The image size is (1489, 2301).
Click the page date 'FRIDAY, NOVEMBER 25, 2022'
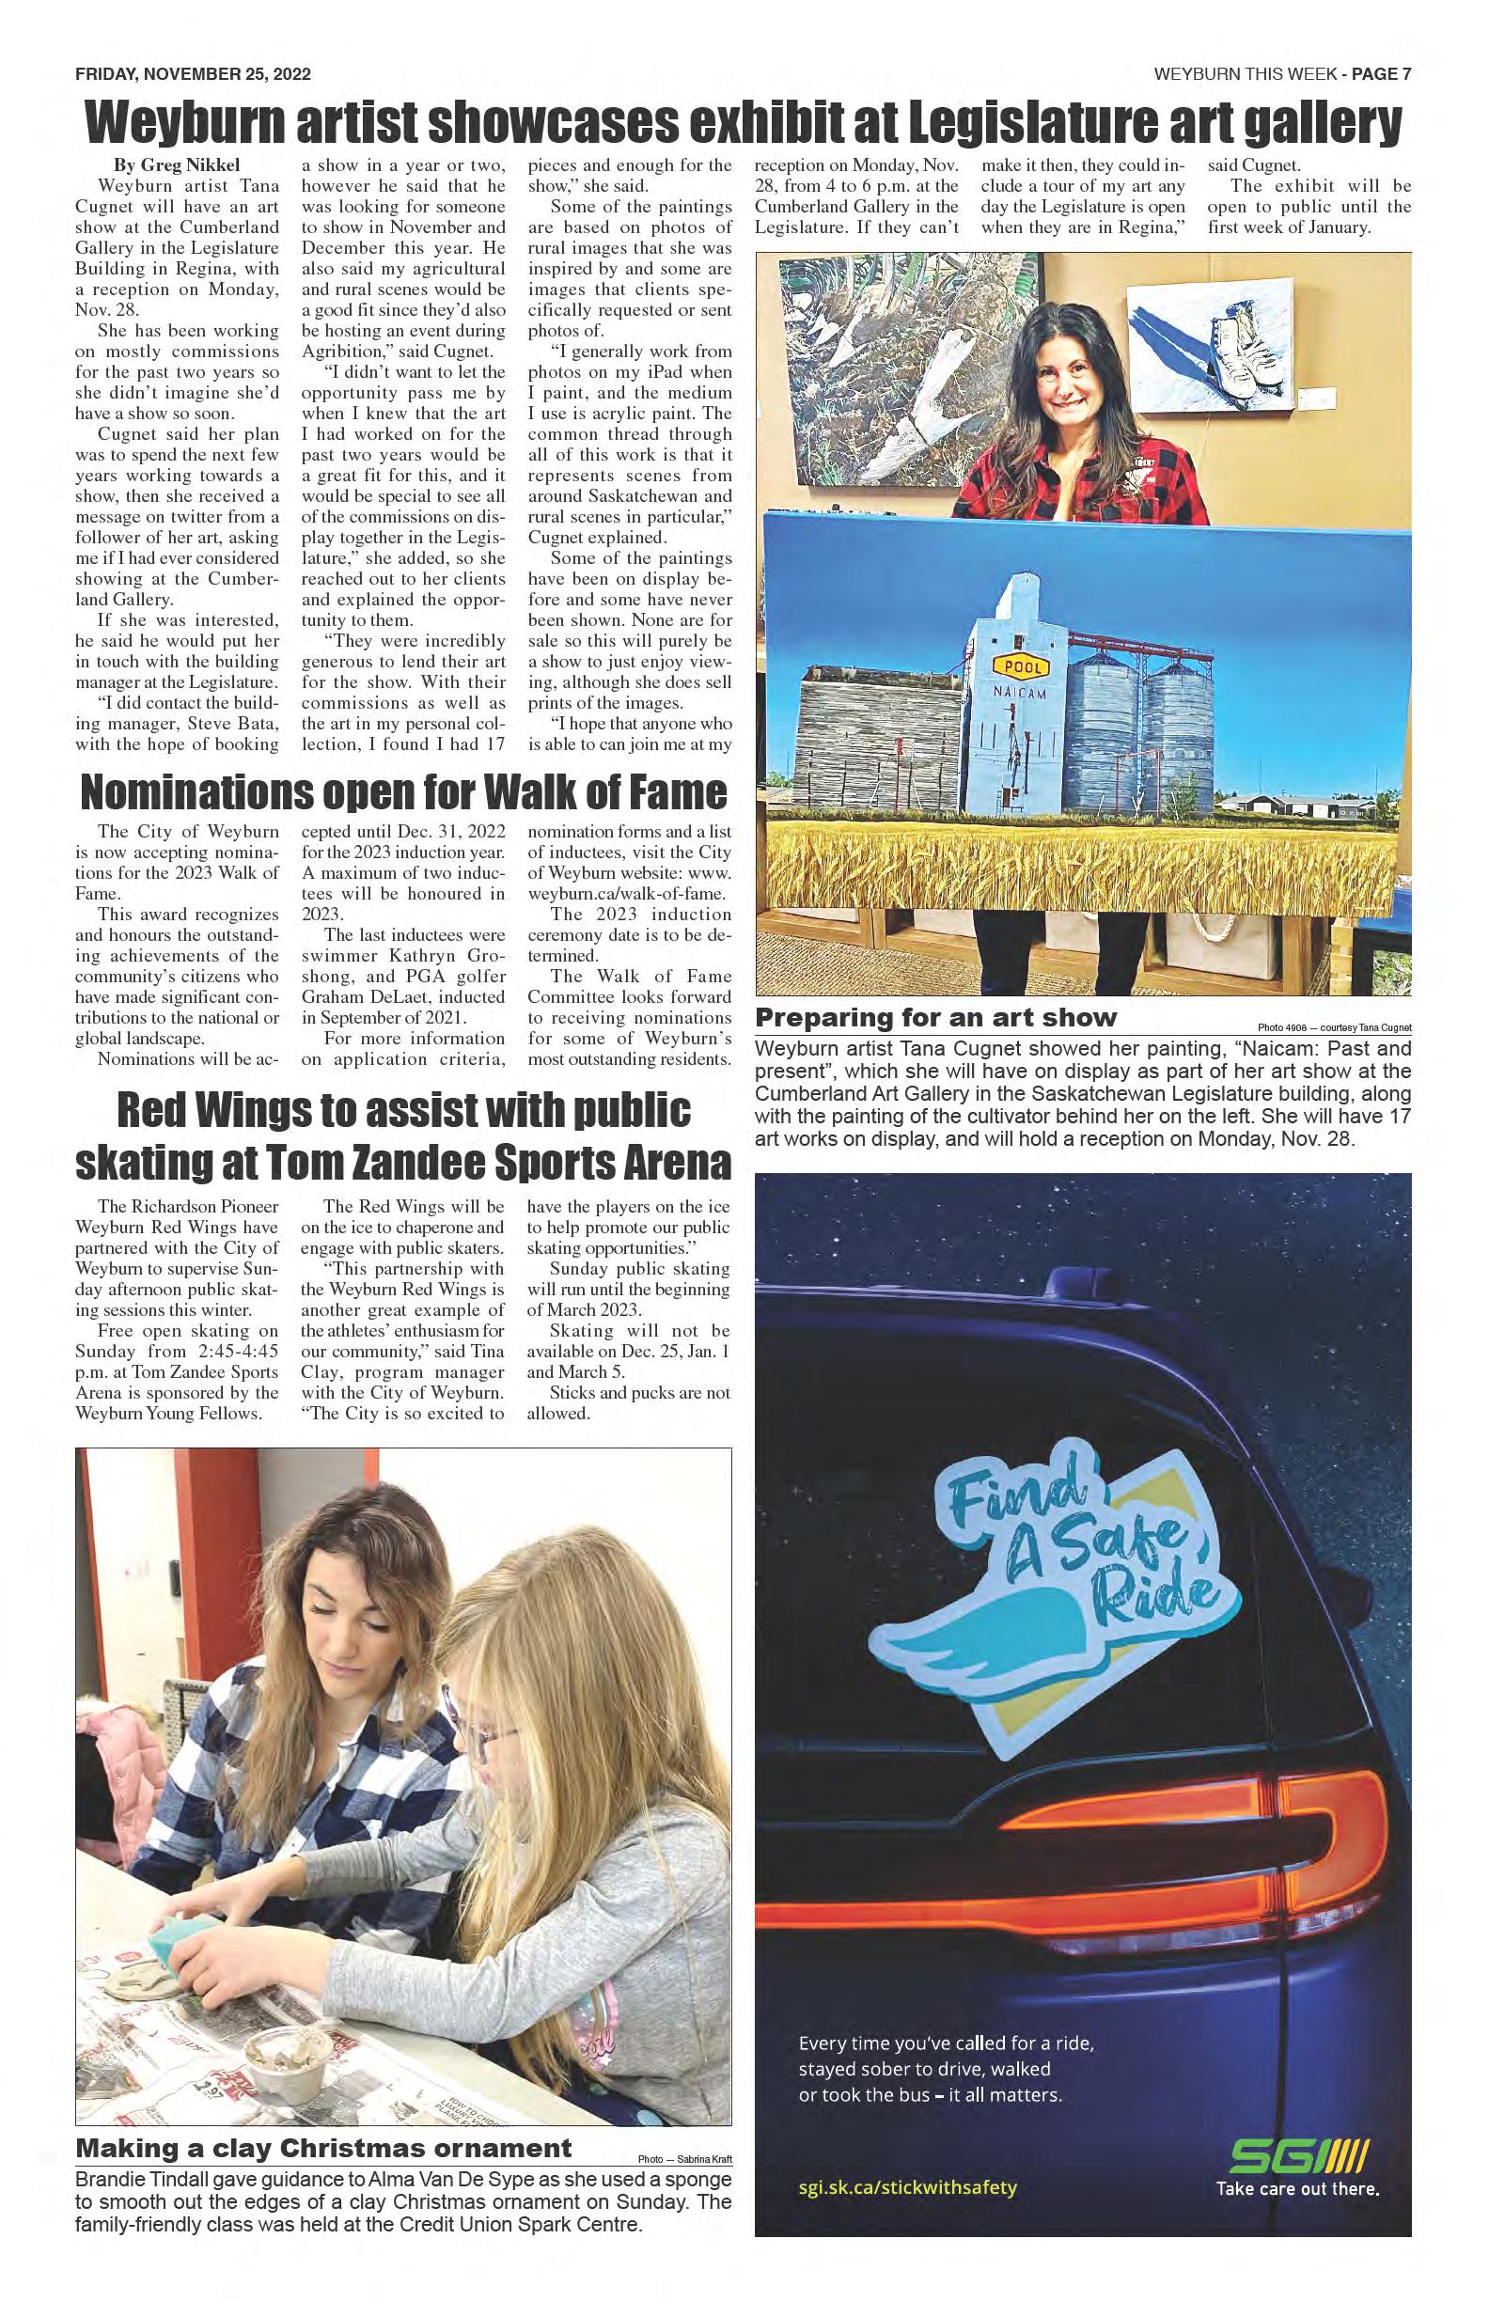(193, 74)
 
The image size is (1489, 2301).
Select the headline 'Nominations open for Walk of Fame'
(403, 791)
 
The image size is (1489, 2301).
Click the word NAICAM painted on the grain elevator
(1020, 692)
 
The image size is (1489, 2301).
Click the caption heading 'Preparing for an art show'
(936, 1017)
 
